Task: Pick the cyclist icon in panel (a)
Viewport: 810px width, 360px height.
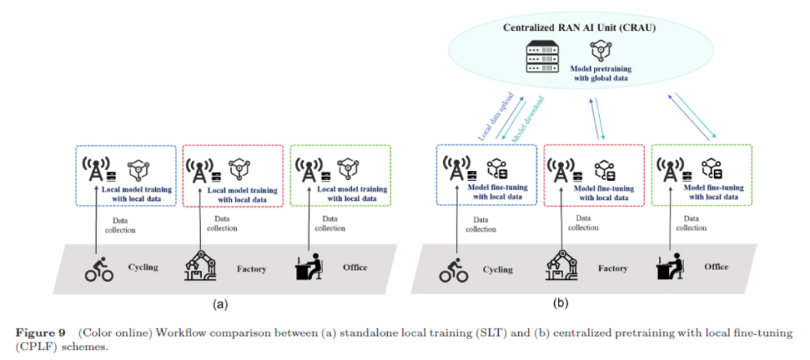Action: coord(99,269)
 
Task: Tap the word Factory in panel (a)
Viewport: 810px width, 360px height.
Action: coord(251,269)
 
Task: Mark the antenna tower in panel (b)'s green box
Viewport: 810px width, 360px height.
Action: coord(670,169)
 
